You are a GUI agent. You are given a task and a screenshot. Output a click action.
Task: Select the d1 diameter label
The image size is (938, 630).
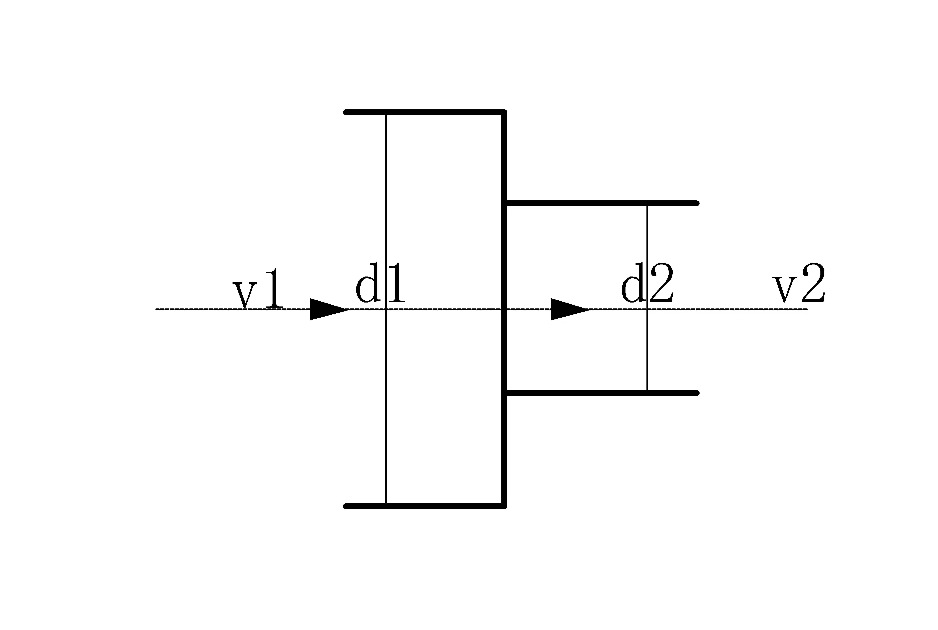click(x=381, y=282)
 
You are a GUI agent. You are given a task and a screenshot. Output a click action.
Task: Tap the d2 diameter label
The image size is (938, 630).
click(x=647, y=282)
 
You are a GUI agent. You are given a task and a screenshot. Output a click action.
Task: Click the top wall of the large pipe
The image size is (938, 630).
click(x=425, y=112)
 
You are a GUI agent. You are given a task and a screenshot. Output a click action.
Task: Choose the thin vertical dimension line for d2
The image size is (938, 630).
click(x=647, y=298)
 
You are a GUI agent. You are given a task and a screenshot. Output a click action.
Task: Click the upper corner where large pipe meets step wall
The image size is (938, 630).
click(x=504, y=112)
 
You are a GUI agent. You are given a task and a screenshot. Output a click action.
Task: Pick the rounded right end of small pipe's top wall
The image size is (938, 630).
click(x=697, y=203)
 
